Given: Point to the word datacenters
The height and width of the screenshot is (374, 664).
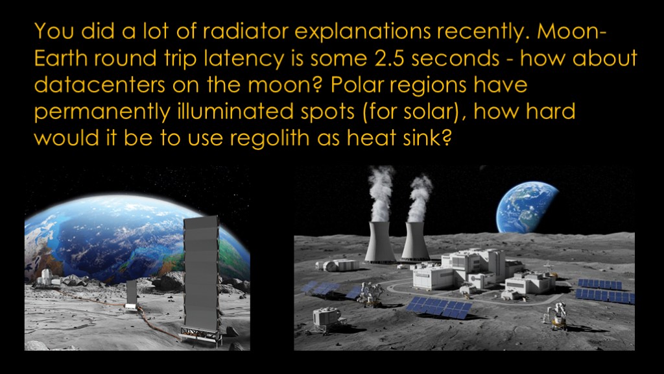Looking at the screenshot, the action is pos(99,85).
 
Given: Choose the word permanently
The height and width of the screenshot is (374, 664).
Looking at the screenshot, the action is pos(102,112).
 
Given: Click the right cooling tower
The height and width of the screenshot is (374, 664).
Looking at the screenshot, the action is pos(415,242).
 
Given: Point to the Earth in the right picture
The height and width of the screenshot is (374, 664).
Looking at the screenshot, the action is pos(527,208).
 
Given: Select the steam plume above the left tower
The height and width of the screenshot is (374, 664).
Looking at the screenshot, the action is pos(380,193).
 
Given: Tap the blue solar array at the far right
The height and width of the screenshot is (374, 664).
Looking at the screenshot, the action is pos(606,291).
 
